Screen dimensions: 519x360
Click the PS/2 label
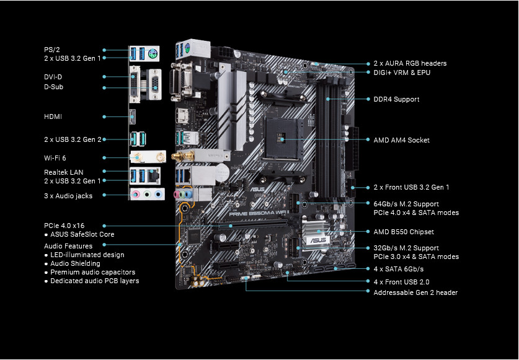tap(52, 50)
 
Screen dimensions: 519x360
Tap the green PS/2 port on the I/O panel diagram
tap(153, 53)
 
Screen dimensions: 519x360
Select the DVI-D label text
tap(53, 77)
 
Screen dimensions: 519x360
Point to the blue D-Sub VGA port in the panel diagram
tap(155, 84)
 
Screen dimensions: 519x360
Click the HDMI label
tap(53, 116)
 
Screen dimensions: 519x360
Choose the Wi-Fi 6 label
tap(55, 158)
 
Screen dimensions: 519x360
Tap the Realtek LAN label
tap(63, 172)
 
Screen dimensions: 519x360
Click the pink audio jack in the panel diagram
tap(136, 194)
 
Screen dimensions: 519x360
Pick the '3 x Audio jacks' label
tap(68, 196)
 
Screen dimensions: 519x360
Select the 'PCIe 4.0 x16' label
tap(64, 226)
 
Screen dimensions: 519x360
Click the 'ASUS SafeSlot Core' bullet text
tap(82, 234)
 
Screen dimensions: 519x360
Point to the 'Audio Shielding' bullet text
tap(75, 263)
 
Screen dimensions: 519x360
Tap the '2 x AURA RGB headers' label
tap(410, 63)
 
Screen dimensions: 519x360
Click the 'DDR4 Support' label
tap(396, 99)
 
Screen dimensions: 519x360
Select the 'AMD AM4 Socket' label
tap(402, 140)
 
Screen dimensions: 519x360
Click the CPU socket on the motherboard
tap(282, 138)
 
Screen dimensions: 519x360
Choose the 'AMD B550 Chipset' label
tap(404, 232)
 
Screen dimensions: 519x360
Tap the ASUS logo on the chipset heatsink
tap(318, 240)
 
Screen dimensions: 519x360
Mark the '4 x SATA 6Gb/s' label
tap(399, 269)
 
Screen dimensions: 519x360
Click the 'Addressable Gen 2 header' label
tap(415, 292)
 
